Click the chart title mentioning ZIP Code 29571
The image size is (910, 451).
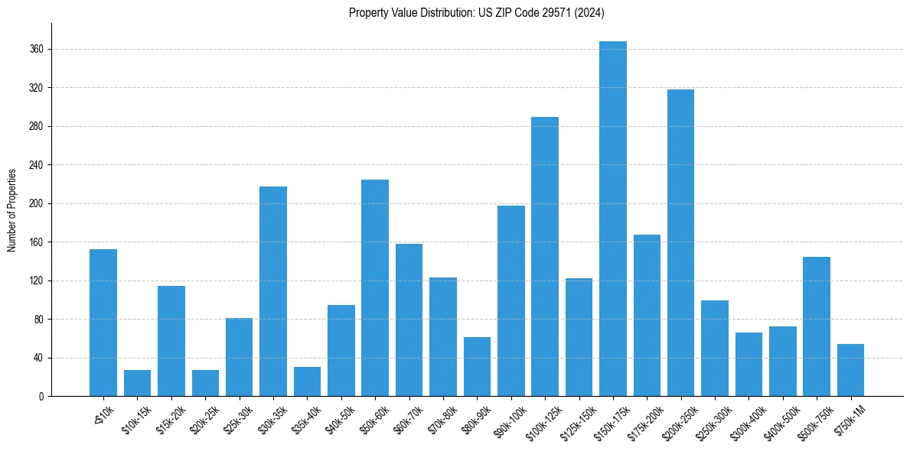(477, 12)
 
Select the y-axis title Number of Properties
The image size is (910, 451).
(12, 209)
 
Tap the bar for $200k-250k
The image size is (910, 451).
(680, 243)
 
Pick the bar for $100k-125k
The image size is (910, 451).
(545, 257)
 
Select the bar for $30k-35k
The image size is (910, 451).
(273, 291)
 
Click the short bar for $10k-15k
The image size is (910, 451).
(137, 383)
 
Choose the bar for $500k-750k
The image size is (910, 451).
(816, 326)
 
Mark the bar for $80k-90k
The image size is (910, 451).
(477, 367)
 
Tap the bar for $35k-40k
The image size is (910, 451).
(307, 381)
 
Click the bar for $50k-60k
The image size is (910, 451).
(375, 288)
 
